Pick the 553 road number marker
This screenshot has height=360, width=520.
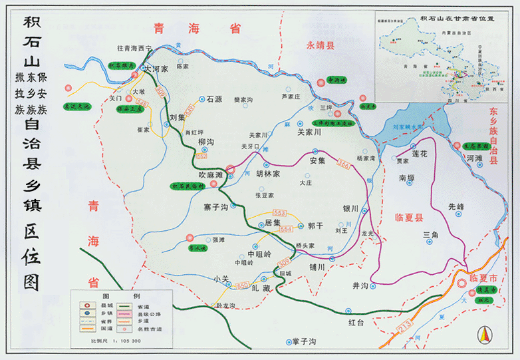(279, 213)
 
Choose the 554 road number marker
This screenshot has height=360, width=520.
(287, 229)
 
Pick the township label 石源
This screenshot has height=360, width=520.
(213, 98)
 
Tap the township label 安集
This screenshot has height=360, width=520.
(317, 160)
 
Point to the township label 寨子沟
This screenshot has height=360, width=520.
(216, 208)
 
